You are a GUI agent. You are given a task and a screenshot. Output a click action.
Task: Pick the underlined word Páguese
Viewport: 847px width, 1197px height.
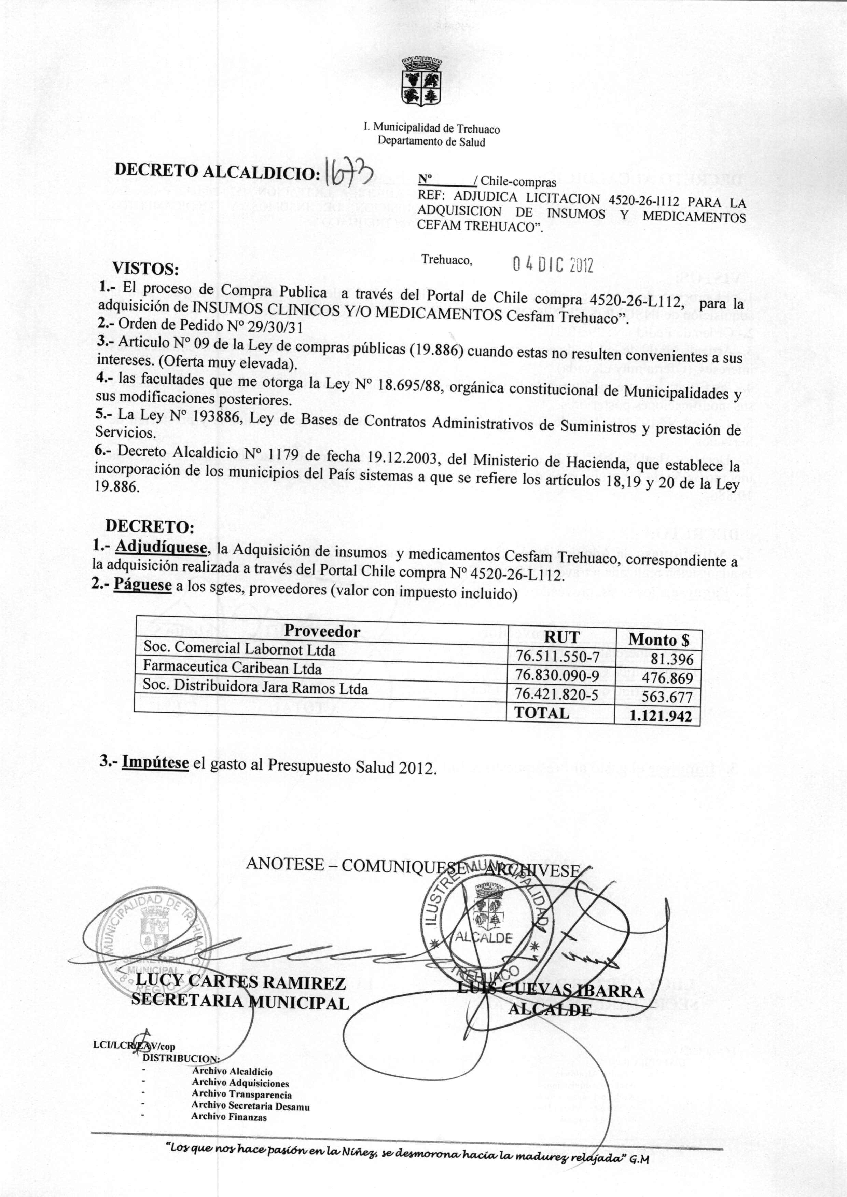(143, 585)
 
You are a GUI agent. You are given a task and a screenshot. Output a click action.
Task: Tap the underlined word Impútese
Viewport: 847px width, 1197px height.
(155, 762)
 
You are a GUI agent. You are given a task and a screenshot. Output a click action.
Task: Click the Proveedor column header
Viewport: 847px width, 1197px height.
(322, 632)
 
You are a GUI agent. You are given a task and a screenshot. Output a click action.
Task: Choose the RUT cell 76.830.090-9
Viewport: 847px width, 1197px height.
(557, 675)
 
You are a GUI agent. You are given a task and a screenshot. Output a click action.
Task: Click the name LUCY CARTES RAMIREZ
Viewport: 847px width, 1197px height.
(240, 983)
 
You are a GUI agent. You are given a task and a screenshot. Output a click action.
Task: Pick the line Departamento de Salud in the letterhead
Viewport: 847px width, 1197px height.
(431, 142)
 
